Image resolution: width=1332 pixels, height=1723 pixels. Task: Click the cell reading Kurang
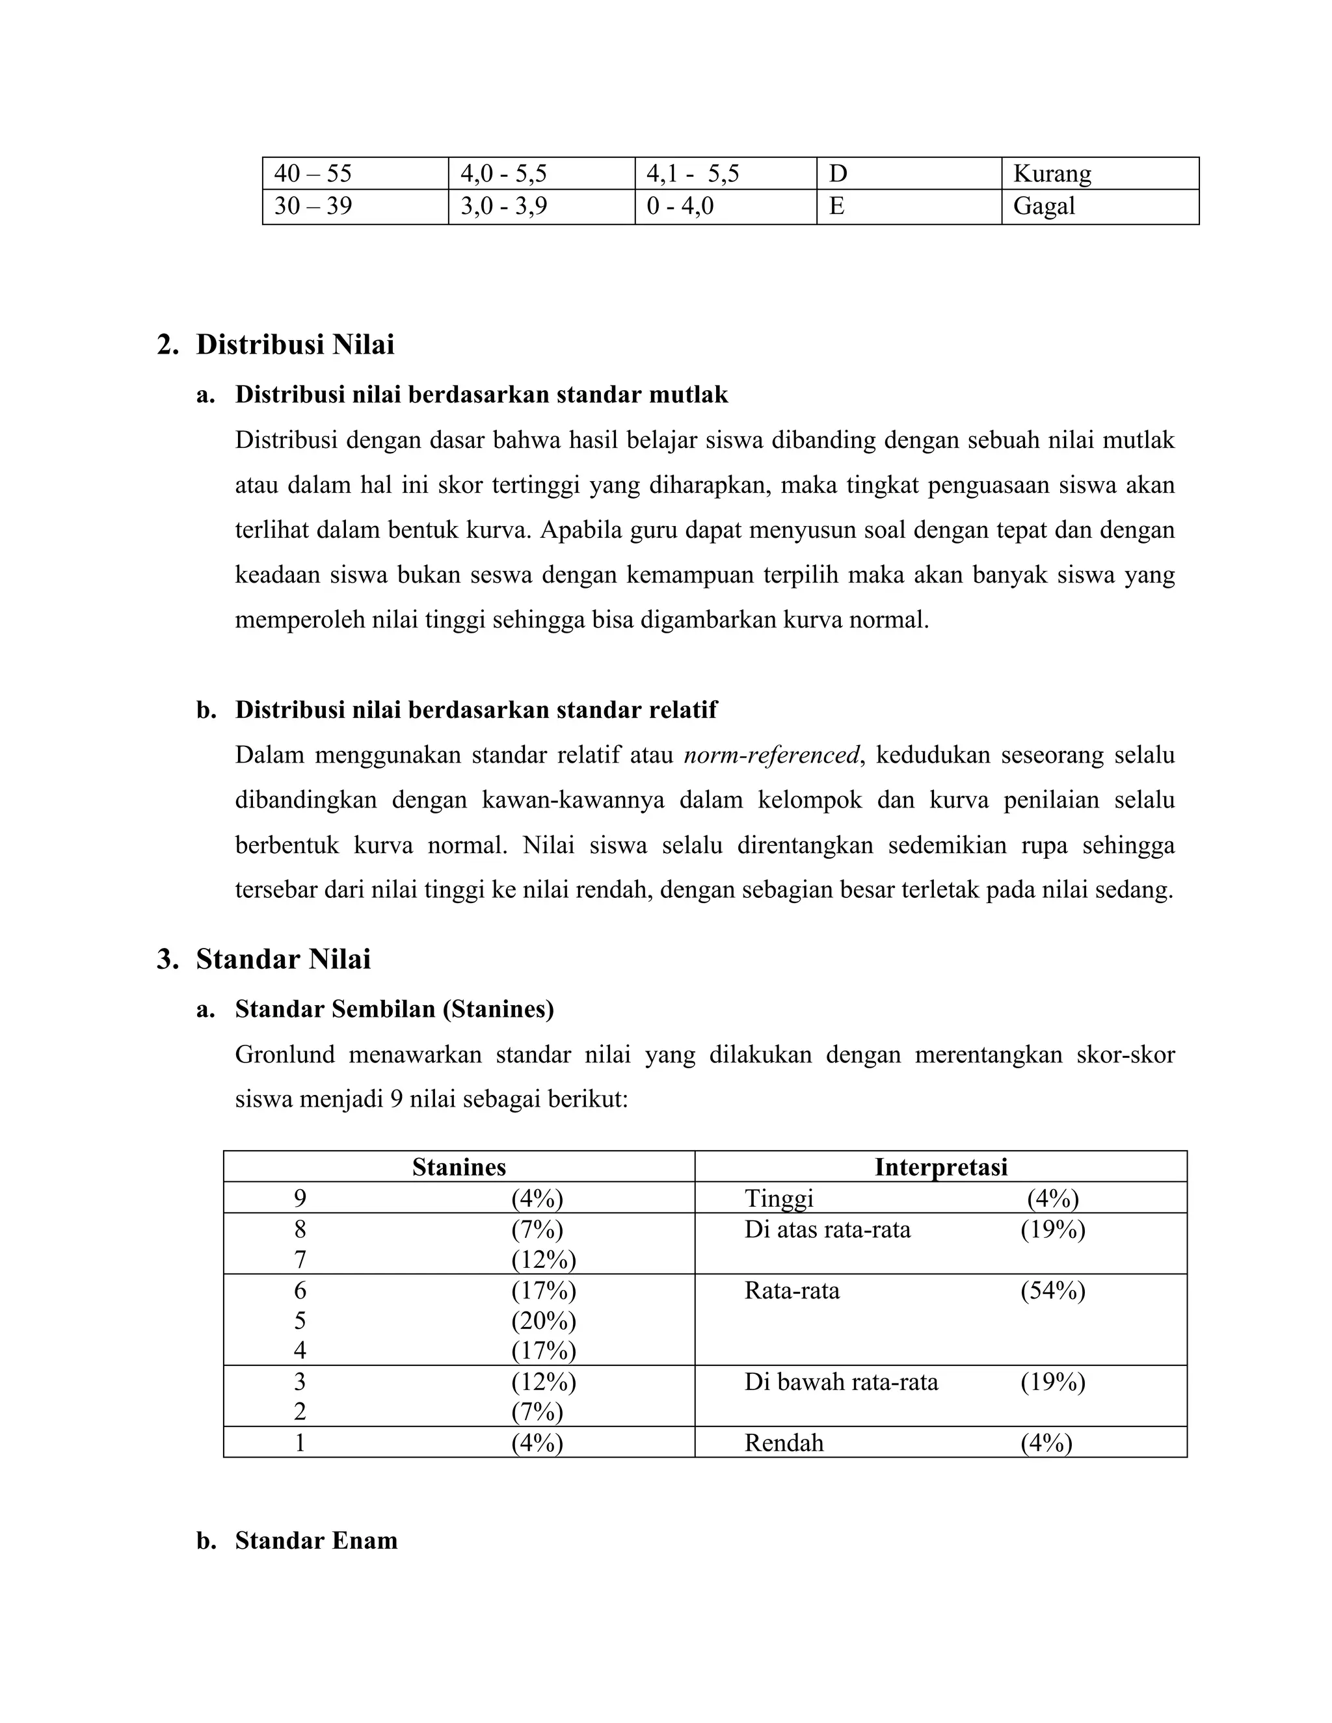(x=1052, y=174)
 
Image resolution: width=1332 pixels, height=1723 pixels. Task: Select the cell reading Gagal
(x=1044, y=207)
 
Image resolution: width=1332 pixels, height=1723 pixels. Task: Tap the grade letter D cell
(x=838, y=174)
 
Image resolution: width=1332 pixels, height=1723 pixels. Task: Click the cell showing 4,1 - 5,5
(x=692, y=174)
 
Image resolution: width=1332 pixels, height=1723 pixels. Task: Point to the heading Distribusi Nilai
(x=295, y=345)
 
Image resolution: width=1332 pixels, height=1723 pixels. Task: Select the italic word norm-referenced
(x=771, y=756)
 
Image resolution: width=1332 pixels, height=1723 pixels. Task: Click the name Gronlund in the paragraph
(x=285, y=1055)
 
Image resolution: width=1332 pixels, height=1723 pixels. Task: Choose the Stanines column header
(x=459, y=1167)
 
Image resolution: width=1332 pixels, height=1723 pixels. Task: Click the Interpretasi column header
(x=940, y=1167)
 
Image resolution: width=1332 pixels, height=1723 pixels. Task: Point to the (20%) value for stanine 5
(x=543, y=1321)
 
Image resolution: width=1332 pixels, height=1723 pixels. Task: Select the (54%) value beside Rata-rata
(x=1053, y=1291)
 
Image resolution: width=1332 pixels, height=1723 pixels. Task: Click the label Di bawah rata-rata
(x=841, y=1382)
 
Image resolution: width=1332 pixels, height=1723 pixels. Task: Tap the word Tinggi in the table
(x=779, y=1199)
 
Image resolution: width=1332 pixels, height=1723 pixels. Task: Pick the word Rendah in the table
(x=784, y=1443)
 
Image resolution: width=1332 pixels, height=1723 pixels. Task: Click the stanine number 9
(x=300, y=1199)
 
